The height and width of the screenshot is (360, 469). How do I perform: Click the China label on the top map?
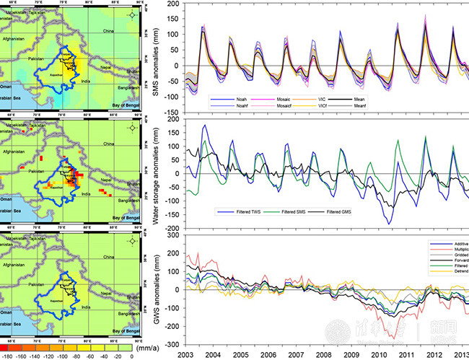(x=109, y=32)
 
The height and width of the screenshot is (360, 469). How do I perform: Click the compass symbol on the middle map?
(x=131, y=128)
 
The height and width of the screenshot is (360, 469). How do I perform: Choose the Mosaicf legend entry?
(x=281, y=105)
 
